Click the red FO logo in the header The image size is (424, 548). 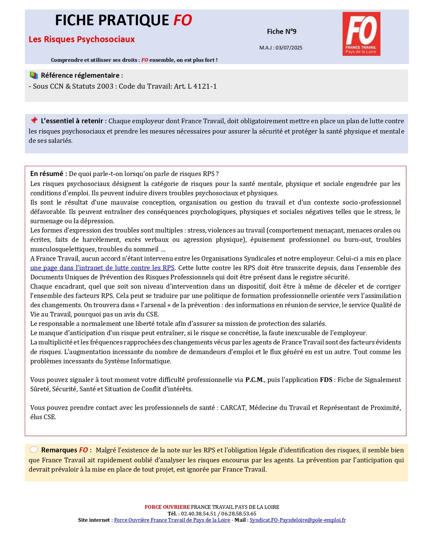point(361,34)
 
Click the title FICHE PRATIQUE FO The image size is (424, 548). point(123,21)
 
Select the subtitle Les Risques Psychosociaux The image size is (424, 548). point(82,39)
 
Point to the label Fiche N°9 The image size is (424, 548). point(281,32)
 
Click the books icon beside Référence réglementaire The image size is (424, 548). point(34,75)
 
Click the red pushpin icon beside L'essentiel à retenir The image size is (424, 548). point(34,120)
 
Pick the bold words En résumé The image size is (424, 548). point(47,174)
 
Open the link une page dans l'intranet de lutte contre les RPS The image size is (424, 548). point(102,268)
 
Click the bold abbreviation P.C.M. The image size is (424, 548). point(255,379)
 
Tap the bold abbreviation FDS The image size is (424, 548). point(326,379)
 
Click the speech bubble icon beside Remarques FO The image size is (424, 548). point(34,450)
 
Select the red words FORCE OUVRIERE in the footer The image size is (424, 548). point(167,507)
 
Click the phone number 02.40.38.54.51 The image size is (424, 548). point(198,513)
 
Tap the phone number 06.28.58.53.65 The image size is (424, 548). point(239,513)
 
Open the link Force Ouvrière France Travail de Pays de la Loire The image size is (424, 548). point(172,520)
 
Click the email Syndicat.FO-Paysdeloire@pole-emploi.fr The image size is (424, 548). point(298,520)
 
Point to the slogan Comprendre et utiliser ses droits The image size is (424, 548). point(94,60)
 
